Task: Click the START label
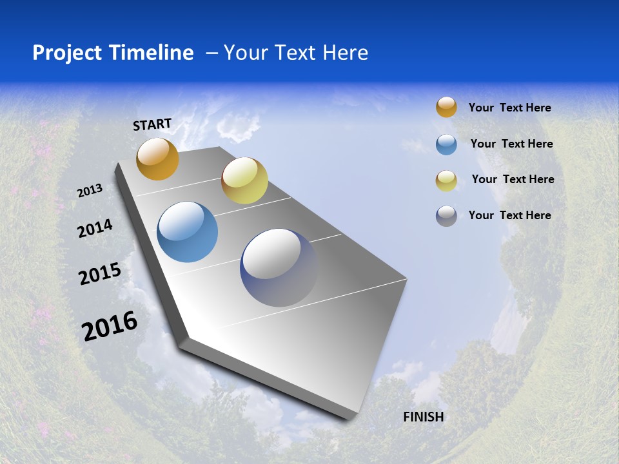152,124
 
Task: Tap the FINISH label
424,417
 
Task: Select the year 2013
90,191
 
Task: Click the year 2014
95,228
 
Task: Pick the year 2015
100,274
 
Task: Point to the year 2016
110,326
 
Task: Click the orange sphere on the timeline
157,159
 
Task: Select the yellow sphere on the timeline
244,180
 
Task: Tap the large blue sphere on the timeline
187,232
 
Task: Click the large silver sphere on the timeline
279,267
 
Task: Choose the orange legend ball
446,107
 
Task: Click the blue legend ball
446,144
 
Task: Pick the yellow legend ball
446,180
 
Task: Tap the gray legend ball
446,216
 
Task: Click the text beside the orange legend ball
509,108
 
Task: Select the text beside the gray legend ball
509,215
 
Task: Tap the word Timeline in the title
153,53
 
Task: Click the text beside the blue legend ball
511,144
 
